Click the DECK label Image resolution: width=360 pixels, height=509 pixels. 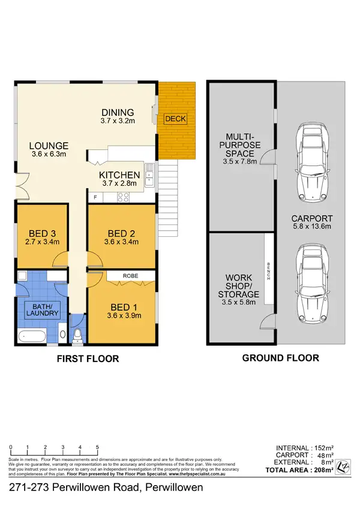pyautogui.click(x=175, y=119)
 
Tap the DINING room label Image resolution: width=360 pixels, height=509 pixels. pyautogui.click(x=118, y=112)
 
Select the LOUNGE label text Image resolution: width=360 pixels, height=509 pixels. pyautogui.click(x=49, y=146)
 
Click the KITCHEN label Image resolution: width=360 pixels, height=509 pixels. pyautogui.click(x=119, y=175)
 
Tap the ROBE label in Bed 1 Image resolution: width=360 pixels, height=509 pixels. pyautogui.click(x=131, y=276)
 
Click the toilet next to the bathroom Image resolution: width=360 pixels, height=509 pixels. pyautogui.click(x=77, y=336)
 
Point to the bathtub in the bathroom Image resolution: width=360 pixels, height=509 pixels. pyautogui.click(x=32, y=337)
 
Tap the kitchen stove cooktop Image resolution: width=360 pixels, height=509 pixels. pyautogui.click(x=124, y=197)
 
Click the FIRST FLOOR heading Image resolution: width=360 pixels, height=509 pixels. pyautogui.click(x=89, y=359)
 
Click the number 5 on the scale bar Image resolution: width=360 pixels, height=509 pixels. pyautogui.click(x=97, y=448)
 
